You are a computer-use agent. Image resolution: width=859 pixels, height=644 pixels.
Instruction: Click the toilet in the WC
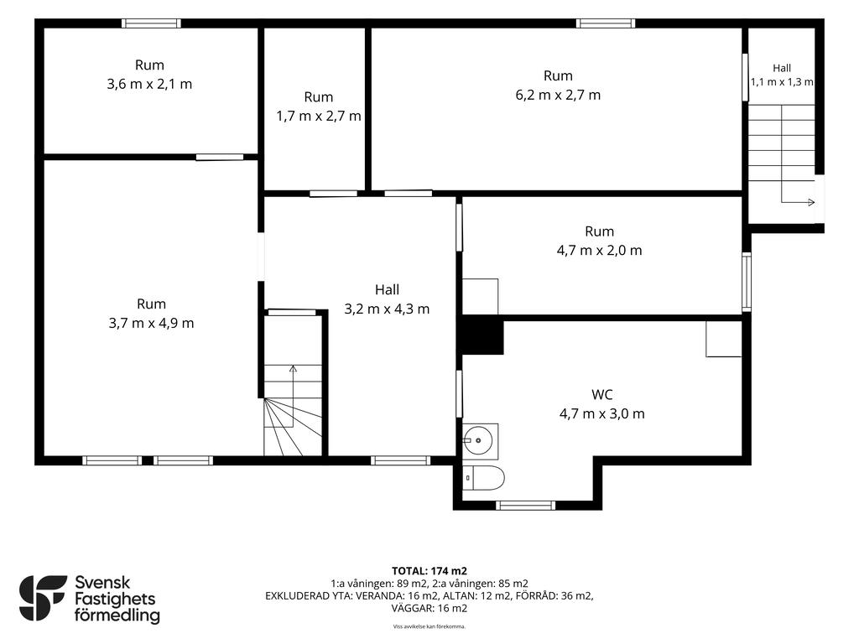tap(483, 478)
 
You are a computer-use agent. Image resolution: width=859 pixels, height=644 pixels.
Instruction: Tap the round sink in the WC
tap(477, 440)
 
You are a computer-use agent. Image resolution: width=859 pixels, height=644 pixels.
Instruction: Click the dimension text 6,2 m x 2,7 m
tap(558, 95)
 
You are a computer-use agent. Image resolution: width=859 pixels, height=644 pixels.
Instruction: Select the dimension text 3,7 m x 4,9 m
tap(151, 323)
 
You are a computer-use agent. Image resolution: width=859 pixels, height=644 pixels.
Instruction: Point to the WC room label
tap(602, 394)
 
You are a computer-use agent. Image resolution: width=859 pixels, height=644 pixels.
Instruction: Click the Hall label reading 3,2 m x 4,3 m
tap(387, 299)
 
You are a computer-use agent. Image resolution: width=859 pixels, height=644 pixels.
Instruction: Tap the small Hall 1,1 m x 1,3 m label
tap(782, 75)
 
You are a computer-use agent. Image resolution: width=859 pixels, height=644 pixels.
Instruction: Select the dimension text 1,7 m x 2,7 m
tap(318, 116)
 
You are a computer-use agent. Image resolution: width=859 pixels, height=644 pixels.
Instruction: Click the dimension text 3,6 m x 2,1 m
tap(149, 85)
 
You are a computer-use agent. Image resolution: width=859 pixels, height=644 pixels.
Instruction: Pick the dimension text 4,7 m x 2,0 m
tap(599, 250)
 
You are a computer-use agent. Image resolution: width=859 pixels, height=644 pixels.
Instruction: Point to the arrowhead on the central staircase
tap(293, 369)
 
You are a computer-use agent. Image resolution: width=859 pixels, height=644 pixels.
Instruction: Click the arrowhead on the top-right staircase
tap(811, 202)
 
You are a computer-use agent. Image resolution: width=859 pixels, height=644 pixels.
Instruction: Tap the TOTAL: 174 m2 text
tap(429, 571)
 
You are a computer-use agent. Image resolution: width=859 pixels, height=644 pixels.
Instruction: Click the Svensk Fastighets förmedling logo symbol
tap(43, 598)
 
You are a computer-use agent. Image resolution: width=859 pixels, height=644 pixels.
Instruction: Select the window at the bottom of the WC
tap(525, 506)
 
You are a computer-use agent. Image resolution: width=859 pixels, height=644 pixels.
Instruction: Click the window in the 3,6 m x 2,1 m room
tap(151, 23)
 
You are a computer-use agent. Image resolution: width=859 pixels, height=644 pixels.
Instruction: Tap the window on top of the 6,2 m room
tap(606, 23)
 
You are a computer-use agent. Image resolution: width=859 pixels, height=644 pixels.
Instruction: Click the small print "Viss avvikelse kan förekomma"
tap(429, 626)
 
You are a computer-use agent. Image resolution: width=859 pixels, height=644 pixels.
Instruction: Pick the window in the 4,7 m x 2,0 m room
tap(746, 282)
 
